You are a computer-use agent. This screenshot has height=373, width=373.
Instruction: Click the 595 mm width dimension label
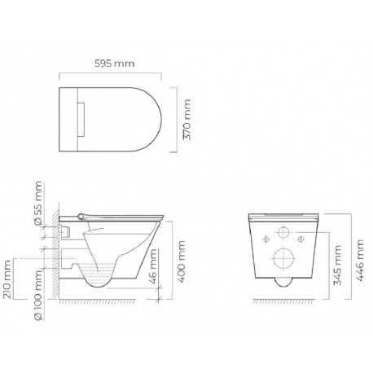pyautogui.click(x=114, y=64)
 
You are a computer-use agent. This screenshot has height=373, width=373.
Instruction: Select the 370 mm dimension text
pyautogui.click(x=186, y=120)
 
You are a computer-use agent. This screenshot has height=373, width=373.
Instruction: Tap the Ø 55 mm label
pyautogui.click(x=38, y=203)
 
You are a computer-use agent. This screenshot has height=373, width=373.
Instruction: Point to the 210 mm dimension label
pyautogui.click(x=7, y=279)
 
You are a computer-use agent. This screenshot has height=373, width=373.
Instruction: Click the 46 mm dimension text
pyautogui.click(x=153, y=266)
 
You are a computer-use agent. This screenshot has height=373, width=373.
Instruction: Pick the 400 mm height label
pyautogui.click(x=181, y=261)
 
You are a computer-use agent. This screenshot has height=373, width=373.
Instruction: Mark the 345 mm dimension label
pyautogui.click(x=337, y=265)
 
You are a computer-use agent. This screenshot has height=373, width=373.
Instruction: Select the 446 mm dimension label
pyautogui.click(x=359, y=260)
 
